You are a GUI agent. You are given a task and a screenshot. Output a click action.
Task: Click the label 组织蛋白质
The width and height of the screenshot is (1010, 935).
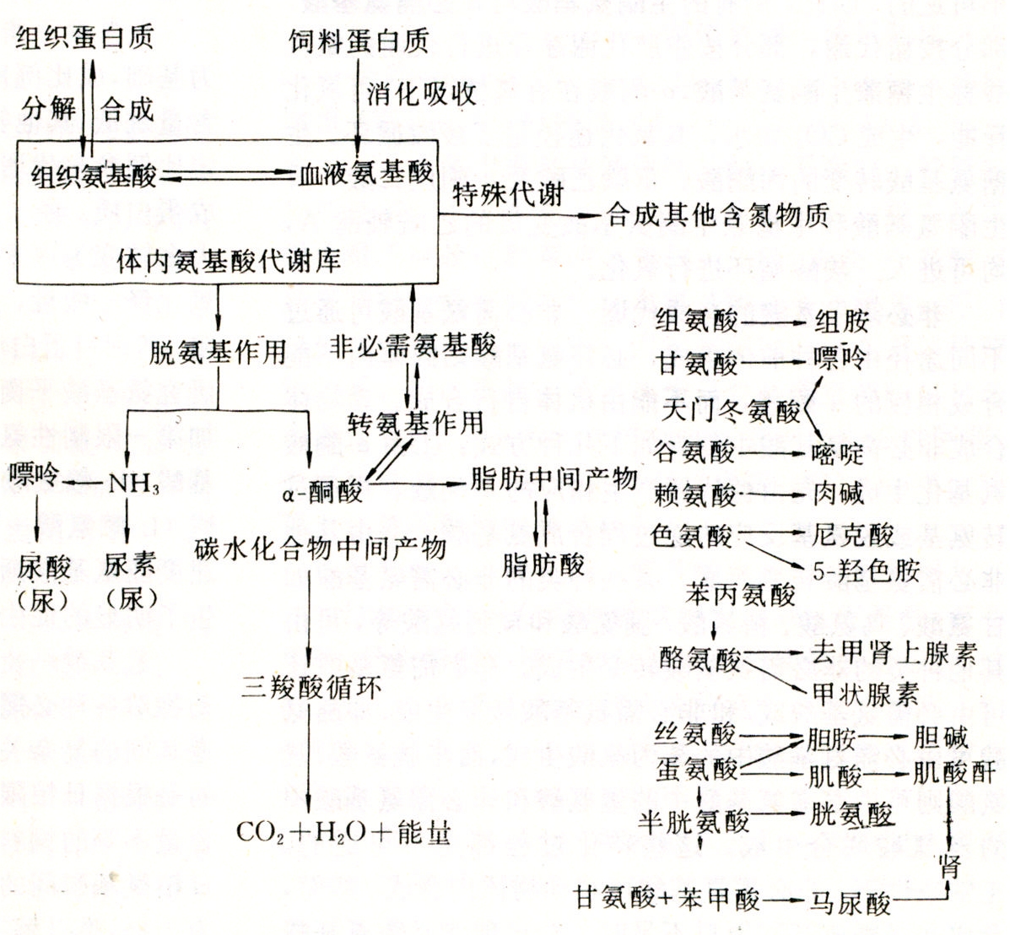click(x=84, y=36)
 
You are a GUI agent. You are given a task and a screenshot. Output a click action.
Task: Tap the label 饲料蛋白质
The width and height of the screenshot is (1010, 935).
click(x=359, y=41)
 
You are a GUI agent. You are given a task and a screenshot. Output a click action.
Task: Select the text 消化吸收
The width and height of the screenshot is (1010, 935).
click(x=422, y=94)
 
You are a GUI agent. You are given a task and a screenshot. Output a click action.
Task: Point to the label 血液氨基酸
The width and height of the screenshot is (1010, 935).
click(x=365, y=173)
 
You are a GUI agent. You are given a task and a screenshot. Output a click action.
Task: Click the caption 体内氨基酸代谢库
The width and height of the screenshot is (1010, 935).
click(x=229, y=261)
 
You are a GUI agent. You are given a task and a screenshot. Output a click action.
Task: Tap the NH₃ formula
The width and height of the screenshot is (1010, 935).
click(x=133, y=484)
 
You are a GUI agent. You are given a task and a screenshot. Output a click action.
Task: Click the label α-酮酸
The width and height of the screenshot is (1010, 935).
click(x=322, y=492)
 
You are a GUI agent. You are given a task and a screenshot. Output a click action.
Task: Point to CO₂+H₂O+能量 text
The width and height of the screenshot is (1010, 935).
click(x=343, y=832)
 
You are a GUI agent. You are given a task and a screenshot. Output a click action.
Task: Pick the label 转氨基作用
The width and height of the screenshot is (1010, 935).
click(x=415, y=424)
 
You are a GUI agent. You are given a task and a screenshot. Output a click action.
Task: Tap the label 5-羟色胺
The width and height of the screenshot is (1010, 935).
click(x=867, y=570)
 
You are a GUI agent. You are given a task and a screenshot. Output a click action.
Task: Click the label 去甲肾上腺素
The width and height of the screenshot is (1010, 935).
click(x=894, y=653)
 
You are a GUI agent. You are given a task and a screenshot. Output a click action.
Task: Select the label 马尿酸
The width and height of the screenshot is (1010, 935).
click(x=851, y=902)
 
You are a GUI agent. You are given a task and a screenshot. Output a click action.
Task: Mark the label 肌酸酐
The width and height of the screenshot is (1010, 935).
click(x=954, y=773)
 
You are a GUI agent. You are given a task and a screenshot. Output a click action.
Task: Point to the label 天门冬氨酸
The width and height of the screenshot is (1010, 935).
click(x=731, y=410)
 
